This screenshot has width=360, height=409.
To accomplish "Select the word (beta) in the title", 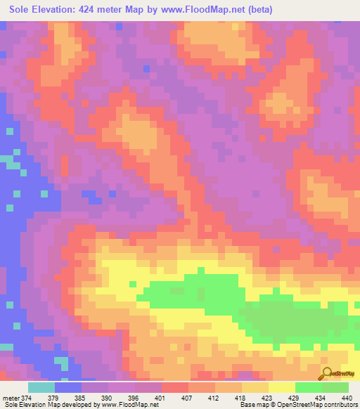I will tap(258, 10).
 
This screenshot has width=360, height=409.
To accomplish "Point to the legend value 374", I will tap(27, 398).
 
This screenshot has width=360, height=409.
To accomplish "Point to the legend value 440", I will tap(347, 398).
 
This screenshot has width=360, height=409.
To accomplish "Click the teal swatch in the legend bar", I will tap(41, 387).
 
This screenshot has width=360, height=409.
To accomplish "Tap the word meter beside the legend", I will tap(11, 398).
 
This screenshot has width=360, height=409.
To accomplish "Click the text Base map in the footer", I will tap(252, 405).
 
